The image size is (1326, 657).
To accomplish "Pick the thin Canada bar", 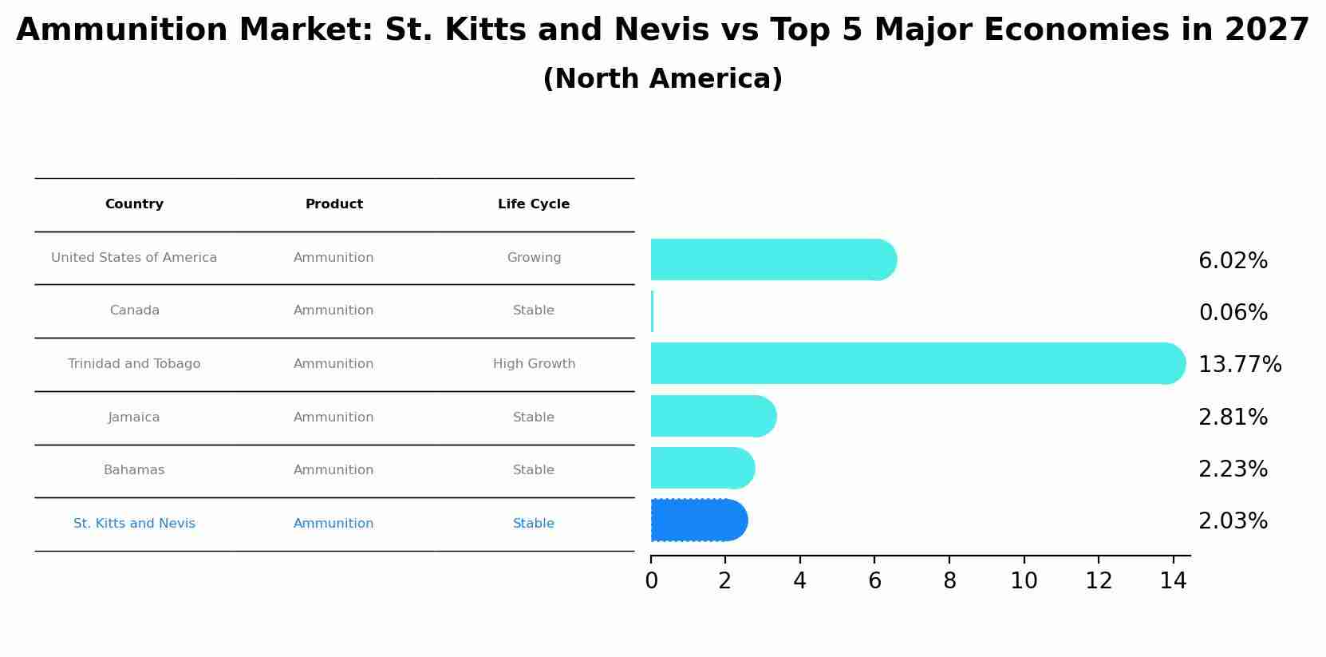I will (x=652, y=311).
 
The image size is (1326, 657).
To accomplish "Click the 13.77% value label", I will (x=1239, y=365).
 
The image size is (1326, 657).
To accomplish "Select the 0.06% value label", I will (x=1233, y=313).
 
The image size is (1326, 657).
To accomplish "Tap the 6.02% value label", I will (x=1233, y=261).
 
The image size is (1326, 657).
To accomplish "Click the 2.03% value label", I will (x=1233, y=521).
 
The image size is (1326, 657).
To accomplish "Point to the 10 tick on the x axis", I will (x=1024, y=581).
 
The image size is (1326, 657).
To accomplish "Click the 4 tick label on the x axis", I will (x=799, y=581).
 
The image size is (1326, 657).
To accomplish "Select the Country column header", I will (x=134, y=204).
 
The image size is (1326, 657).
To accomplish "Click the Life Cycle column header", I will (x=534, y=204).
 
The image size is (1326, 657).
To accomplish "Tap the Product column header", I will (x=333, y=204).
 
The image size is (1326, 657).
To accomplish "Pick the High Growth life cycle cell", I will (x=534, y=364).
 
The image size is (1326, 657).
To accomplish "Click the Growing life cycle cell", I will (x=534, y=258).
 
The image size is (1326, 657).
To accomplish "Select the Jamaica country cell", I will (x=134, y=418).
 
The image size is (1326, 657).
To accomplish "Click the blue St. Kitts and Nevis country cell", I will (x=134, y=524).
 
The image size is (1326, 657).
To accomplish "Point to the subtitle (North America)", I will (x=662, y=79).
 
